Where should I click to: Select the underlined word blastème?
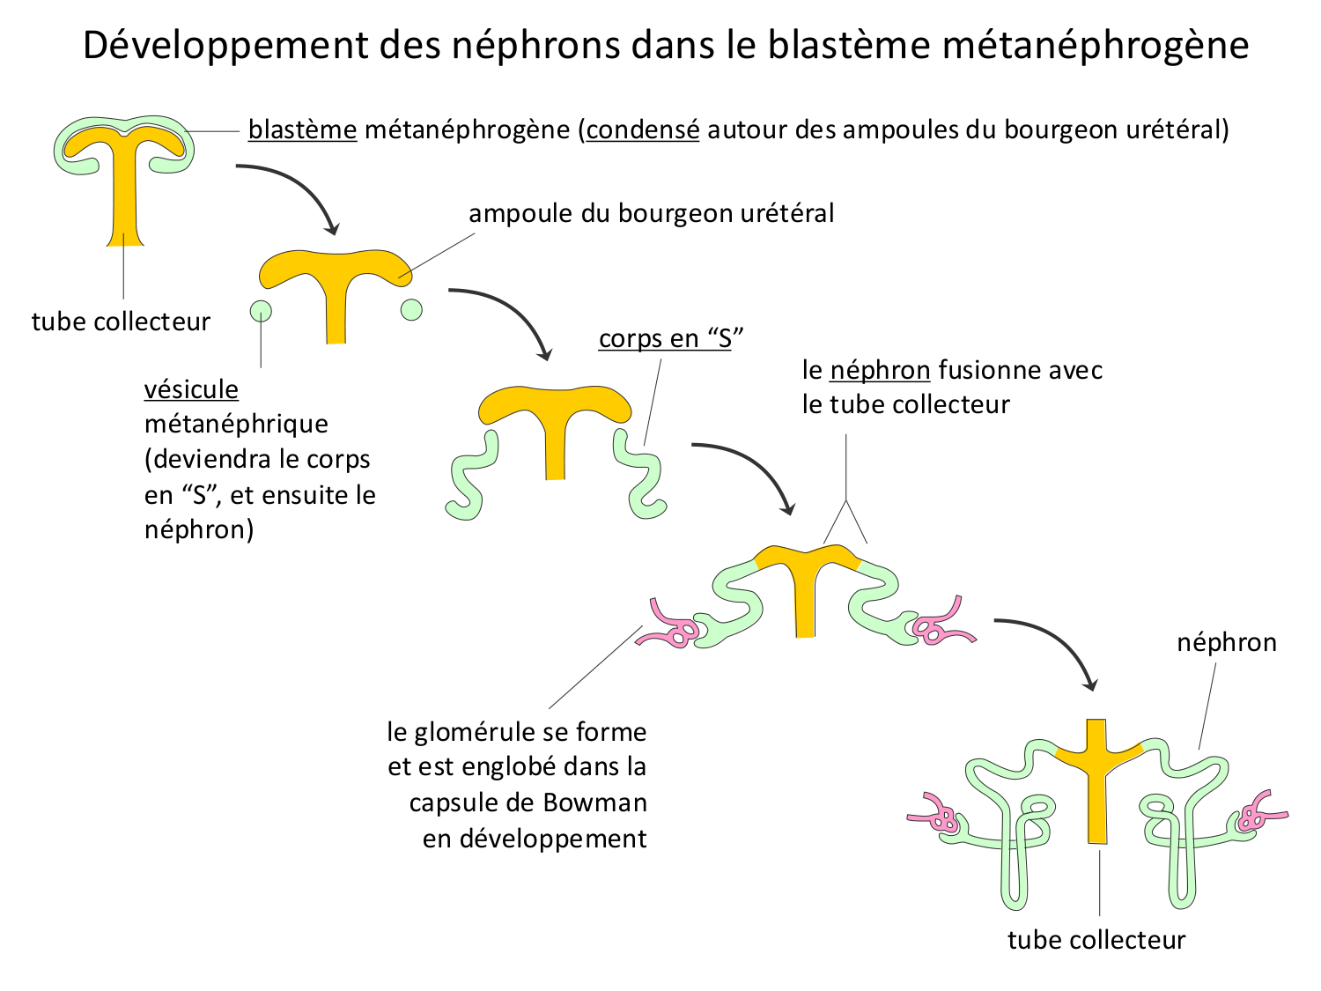302,129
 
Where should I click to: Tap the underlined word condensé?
643,129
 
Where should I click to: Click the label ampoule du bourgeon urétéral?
651,213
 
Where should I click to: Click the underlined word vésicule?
191,389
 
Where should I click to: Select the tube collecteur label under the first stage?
121,322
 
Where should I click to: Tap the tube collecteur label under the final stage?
1096,940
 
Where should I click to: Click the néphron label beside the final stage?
1227,642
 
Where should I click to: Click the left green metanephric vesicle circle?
261,310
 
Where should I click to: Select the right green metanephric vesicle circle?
411,309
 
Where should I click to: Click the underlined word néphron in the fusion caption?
880,370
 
